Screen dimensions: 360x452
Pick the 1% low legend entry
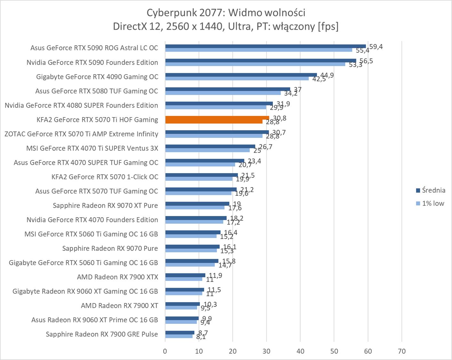[x=430, y=204]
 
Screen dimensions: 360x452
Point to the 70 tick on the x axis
[x=402, y=351]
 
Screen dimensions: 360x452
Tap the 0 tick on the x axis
[x=165, y=351]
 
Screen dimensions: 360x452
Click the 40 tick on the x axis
[x=300, y=351]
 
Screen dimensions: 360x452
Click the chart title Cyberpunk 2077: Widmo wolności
[x=226, y=13]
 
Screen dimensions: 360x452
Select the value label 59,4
[x=376, y=47]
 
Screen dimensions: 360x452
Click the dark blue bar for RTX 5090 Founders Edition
[x=260, y=60]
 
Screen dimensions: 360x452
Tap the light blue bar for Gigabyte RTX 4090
[x=237, y=78]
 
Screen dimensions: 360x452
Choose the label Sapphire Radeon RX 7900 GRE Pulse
[x=102, y=334]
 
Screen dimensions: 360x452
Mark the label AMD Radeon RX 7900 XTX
[x=117, y=277]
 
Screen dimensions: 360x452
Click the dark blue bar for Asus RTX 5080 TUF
[x=227, y=89]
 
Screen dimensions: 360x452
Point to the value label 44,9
[x=327, y=75]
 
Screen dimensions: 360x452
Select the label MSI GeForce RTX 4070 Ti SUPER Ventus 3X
[x=92, y=148]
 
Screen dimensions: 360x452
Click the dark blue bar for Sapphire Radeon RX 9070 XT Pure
[x=197, y=204]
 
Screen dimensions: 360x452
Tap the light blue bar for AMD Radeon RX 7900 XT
[x=181, y=308]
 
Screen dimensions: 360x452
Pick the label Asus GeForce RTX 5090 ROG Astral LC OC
[x=94, y=48]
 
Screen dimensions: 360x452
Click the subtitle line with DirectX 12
[x=226, y=26]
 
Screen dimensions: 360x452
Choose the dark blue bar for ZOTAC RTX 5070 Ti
[x=217, y=132]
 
